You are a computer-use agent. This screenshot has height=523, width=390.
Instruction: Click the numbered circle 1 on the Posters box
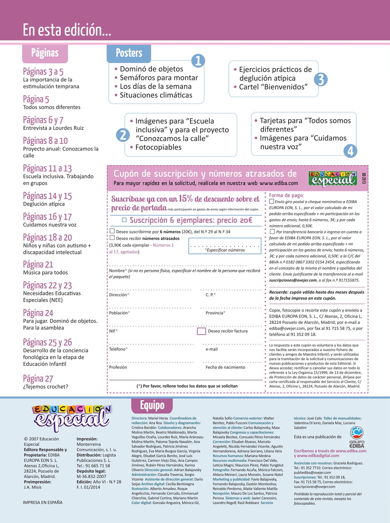pos(198,61)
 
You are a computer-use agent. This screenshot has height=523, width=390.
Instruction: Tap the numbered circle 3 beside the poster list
pos(321,80)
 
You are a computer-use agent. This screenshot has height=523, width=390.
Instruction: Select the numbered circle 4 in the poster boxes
pos(350,151)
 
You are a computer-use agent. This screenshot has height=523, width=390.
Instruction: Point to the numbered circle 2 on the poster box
pos(123,135)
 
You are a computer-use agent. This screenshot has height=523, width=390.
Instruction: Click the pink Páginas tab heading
pos(45,53)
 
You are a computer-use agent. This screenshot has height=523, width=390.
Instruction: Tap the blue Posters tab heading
pos(129,53)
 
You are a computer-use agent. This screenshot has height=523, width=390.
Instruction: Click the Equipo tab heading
pos(152,406)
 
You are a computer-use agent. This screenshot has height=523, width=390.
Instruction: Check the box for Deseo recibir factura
pos(201,331)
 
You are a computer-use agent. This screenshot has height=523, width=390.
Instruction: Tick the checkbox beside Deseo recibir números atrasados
pos(112,238)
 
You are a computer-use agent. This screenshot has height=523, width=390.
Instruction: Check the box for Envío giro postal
pos(272,201)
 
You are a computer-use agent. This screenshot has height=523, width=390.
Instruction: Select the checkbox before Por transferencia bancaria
pos(272,232)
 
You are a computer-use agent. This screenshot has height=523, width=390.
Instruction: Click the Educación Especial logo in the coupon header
pos(333,178)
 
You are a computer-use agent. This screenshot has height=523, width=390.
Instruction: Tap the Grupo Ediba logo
pos(357,437)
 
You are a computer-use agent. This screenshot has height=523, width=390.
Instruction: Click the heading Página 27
pos(38,379)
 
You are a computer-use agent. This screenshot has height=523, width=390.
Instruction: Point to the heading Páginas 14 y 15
pos(48,196)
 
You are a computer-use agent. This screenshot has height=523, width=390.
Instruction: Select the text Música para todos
pos(45,273)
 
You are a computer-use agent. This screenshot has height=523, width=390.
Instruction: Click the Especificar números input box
pos(225,246)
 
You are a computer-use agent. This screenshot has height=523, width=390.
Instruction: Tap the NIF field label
pos(113,331)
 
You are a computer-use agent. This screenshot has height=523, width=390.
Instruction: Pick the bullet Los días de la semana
pos(155,87)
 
